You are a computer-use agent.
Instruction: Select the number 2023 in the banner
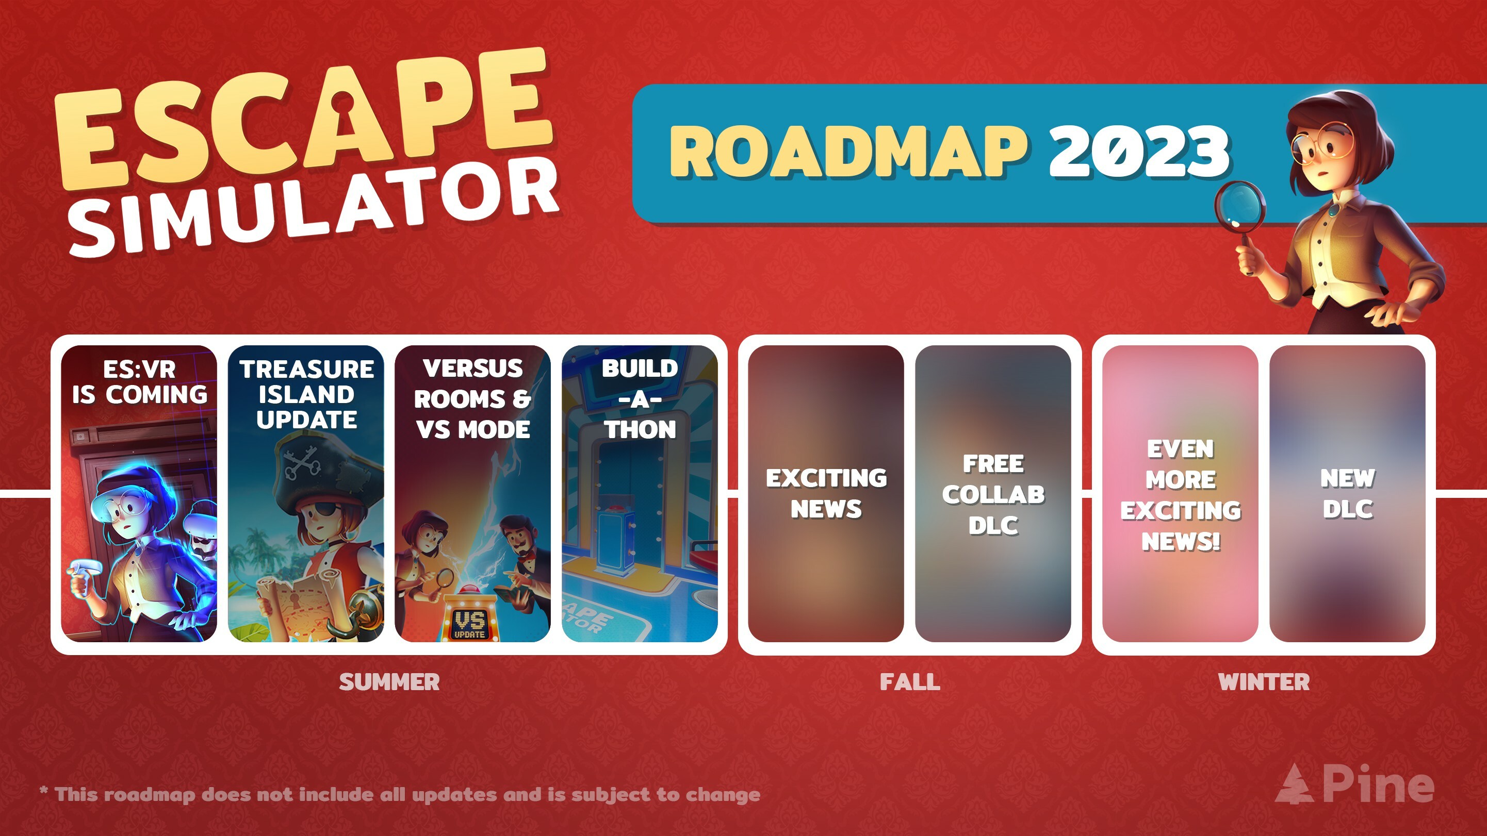point(1138,151)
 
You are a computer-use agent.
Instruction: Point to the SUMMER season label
point(389,682)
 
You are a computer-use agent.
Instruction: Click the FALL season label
point(910,682)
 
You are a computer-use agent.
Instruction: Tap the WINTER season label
point(1264,682)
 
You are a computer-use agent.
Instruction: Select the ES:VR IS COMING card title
point(139,382)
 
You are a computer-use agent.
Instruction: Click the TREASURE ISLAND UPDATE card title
point(306,395)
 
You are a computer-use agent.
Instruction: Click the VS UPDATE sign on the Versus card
point(469,623)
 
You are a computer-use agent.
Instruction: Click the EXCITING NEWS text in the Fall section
point(826,493)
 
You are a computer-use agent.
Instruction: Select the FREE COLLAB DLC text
point(993,494)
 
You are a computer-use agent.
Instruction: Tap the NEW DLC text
point(1348,493)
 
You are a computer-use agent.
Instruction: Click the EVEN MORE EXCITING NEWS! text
point(1181,495)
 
